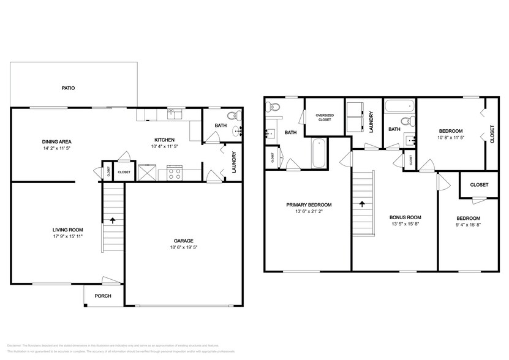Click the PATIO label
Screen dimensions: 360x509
pyautogui.click(x=68, y=88)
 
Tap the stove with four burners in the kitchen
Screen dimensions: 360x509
pyautogui.click(x=173, y=173)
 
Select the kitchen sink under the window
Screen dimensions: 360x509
pyautogui.click(x=174, y=113)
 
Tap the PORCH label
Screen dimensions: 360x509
pyautogui.click(x=102, y=296)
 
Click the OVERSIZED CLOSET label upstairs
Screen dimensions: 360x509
pyautogui.click(x=324, y=117)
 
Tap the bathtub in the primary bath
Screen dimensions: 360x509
pyautogui.click(x=319, y=154)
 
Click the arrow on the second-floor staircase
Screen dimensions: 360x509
pyautogui.click(x=362, y=204)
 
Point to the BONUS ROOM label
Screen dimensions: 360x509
pyautogui.click(x=405, y=217)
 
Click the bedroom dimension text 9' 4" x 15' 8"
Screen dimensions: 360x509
pyautogui.click(x=468, y=225)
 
